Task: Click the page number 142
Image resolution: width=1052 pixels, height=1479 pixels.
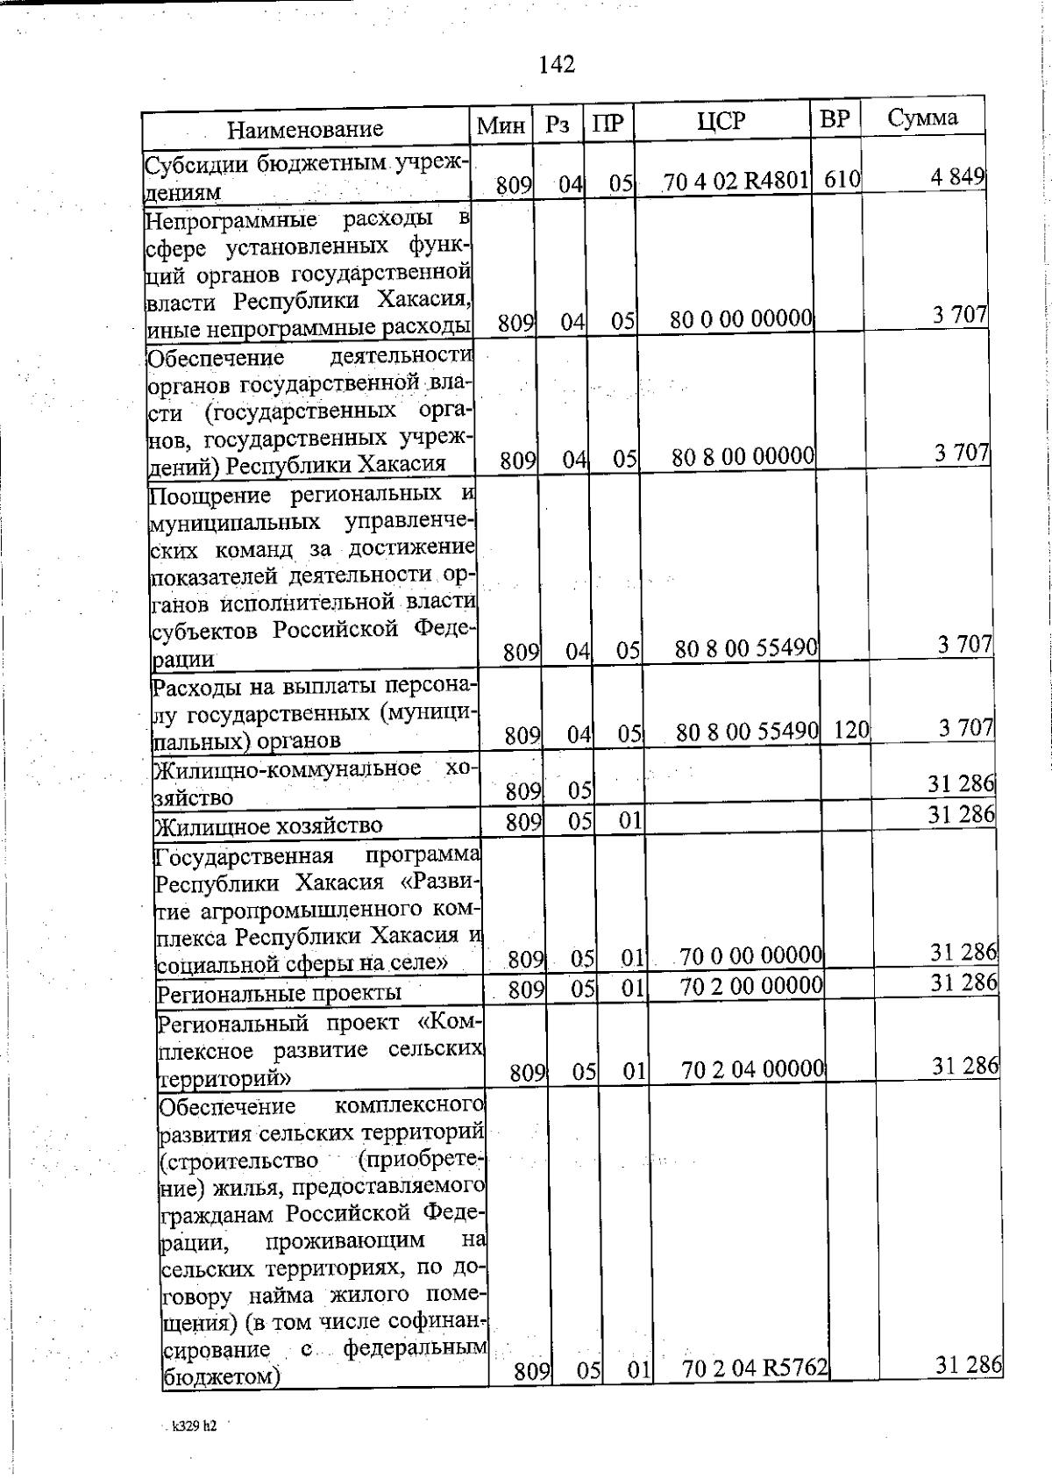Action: coord(557,64)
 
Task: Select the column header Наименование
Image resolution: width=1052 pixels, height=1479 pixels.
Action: coord(305,130)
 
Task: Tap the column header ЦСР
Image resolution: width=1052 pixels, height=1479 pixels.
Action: coord(721,121)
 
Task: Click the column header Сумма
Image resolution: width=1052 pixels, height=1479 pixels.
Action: coord(922,118)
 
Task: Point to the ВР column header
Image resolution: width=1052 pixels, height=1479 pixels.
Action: coord(835,119)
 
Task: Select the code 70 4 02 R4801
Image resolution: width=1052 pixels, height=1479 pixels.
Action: coord(735,182)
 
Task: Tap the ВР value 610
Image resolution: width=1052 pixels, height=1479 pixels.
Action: coord(842,180)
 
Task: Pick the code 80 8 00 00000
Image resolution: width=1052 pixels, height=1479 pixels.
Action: coord(743,456)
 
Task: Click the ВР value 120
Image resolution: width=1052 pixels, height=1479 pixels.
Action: coord(850,729)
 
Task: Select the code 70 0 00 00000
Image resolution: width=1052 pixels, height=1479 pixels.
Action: coord(751,954)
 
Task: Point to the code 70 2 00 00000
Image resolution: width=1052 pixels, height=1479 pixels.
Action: coord(751,985)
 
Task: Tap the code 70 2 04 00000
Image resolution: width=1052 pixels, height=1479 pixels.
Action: coord(753,1068)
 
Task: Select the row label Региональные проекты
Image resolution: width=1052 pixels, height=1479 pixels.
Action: coord(279,993)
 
